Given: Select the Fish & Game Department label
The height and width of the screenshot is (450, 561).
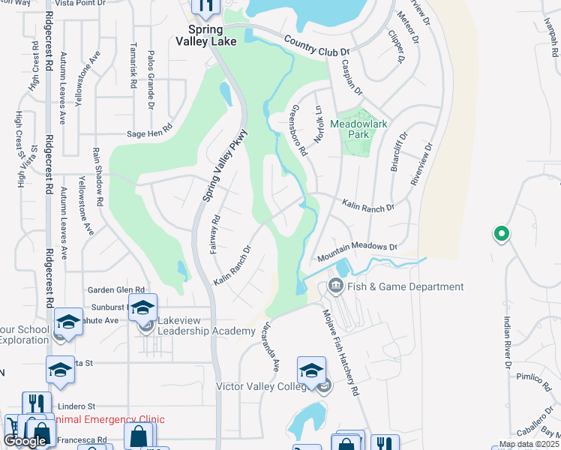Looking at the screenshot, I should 406,286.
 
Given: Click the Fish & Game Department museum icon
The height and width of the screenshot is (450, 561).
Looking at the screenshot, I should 335,286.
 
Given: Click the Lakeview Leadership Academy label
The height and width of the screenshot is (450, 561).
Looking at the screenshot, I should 206,326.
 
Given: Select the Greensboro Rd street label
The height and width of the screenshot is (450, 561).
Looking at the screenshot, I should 298,130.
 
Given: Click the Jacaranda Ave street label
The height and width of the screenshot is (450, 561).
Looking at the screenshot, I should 271,348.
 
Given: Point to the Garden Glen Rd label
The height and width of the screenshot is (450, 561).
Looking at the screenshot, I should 115,290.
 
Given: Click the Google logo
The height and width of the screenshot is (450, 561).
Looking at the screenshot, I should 25,441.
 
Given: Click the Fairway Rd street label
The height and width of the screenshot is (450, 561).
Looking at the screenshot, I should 214,234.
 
